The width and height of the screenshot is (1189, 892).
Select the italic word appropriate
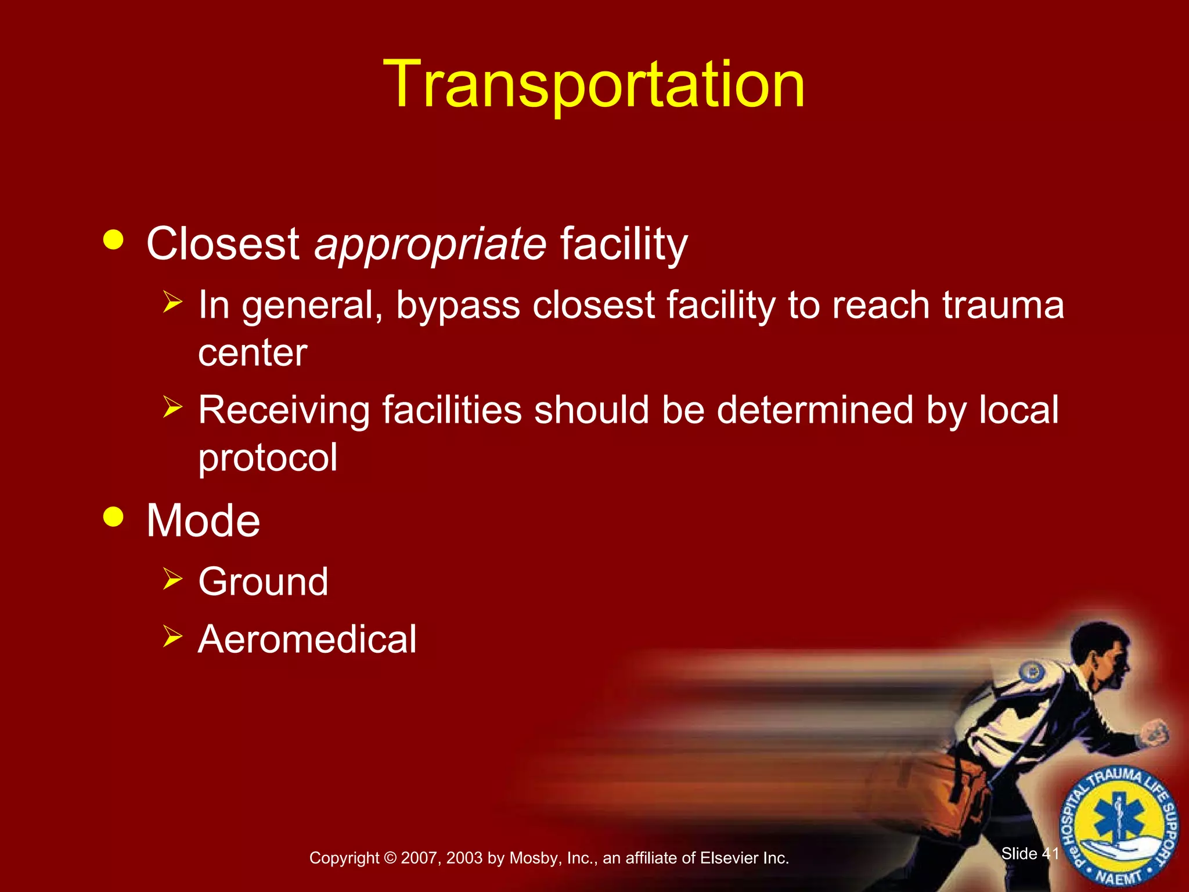430,244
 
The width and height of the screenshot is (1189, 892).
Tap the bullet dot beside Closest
113,240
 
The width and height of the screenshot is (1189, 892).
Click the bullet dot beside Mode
113,516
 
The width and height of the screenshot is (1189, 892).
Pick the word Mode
203,521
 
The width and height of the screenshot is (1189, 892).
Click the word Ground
263,582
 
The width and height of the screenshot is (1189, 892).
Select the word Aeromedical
307,639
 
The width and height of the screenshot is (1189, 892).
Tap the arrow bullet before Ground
172,579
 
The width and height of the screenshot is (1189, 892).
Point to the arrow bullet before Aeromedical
172,636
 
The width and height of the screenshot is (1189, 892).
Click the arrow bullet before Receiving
172,407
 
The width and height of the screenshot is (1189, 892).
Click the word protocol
268,458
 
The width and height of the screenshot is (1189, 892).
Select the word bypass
457,307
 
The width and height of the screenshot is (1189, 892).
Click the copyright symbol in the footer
390,858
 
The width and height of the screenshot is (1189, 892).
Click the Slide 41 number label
1030,853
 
